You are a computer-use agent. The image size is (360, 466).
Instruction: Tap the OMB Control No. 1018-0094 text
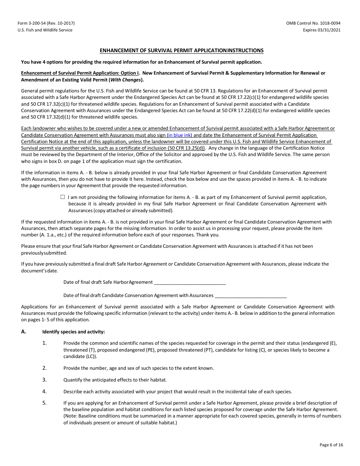(313, 23)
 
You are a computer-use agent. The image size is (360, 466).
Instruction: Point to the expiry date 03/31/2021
(330, 30)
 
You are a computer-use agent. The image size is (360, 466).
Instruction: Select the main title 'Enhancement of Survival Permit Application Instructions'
(182, 50)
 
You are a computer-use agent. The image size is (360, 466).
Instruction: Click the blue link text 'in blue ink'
(180, 135)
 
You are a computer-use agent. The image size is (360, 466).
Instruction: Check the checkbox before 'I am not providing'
(63, 197)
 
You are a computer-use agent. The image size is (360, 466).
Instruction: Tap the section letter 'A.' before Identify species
(24, 332)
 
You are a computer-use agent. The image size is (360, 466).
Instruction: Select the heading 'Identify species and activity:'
(74, 332)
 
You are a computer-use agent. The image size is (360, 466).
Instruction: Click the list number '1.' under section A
(44, 343)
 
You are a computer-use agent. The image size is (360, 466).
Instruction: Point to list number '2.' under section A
(44, 368)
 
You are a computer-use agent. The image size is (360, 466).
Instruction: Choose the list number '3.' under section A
(44, 380)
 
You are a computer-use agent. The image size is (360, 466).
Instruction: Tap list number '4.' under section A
(44, 391)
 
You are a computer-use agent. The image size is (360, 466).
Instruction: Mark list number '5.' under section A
(44, 403)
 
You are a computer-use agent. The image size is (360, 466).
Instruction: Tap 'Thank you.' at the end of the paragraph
(209, 235)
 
